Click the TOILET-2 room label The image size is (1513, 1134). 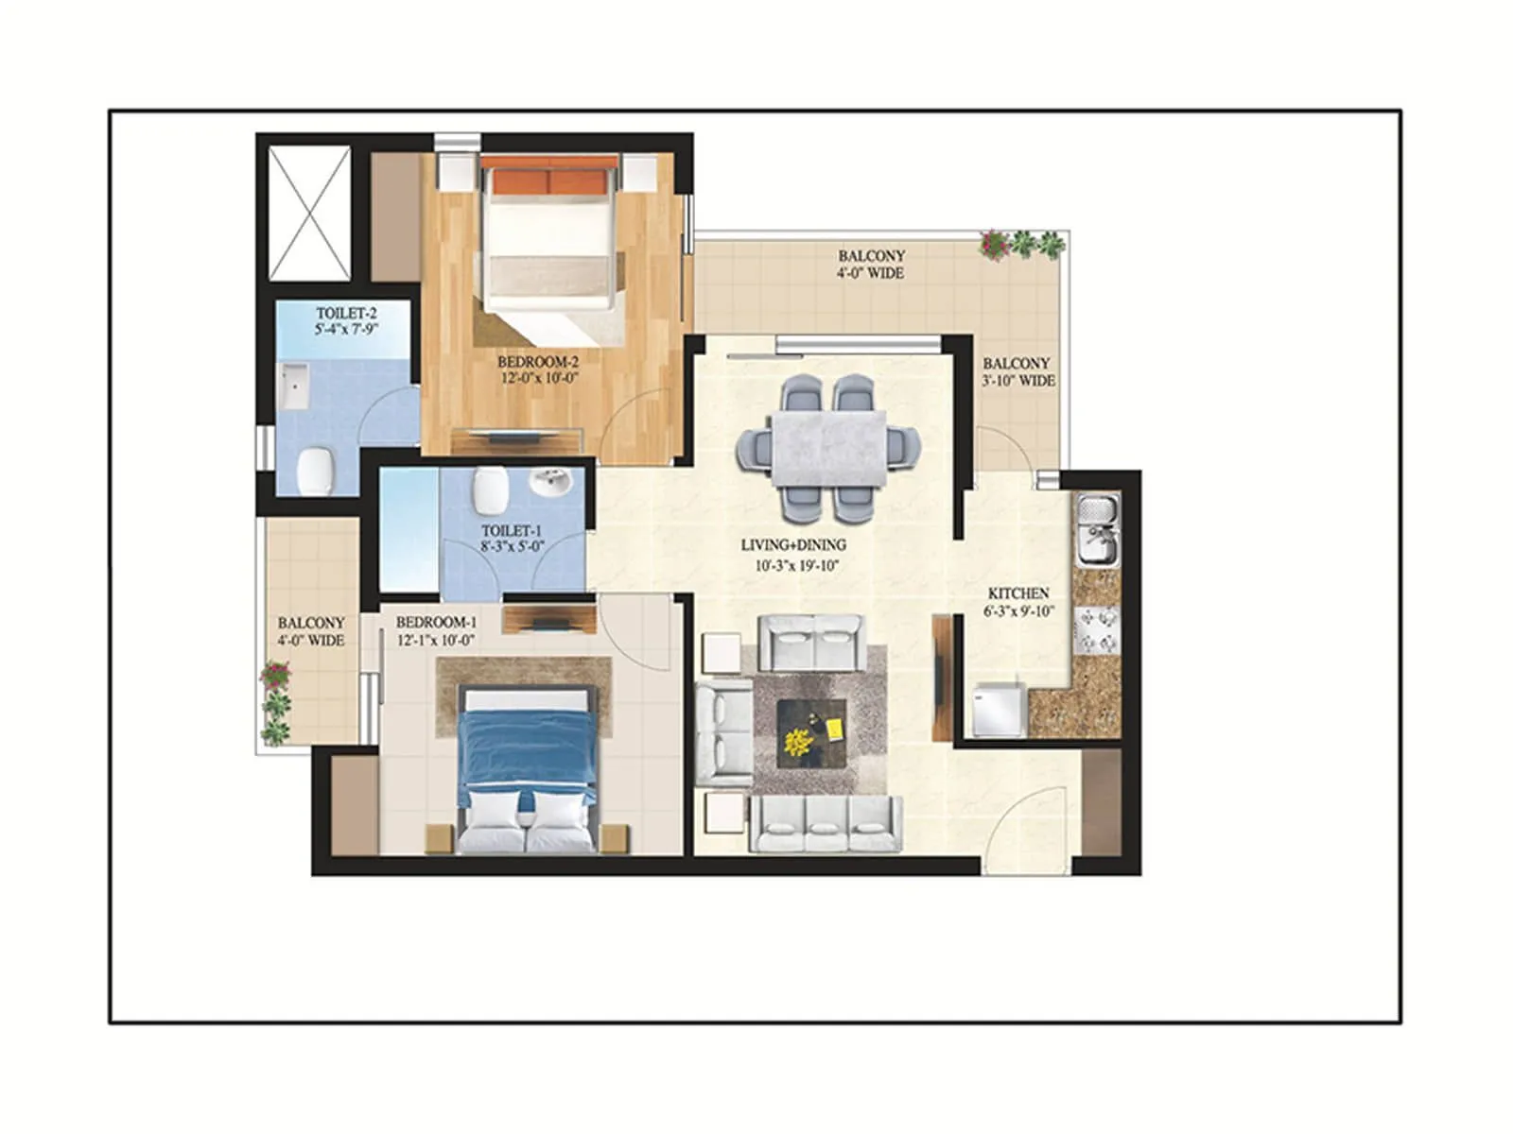click(x=347, y=313)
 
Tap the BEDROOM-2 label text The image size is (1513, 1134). click(x=538, y=361)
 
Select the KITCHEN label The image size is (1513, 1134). click(x=1018, y=593)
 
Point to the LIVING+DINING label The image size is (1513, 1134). click(x=792, y=545)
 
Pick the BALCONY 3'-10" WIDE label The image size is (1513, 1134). click(x=1017, y=371)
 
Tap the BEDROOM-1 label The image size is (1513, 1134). click(x=436, y=623)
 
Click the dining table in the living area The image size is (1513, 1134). click(x=828, y=446)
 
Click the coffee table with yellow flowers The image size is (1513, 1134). click(x=810, y=733)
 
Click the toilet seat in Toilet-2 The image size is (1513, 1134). click(x=316, y=469)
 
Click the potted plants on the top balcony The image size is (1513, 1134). click(x=1022, y=244)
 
